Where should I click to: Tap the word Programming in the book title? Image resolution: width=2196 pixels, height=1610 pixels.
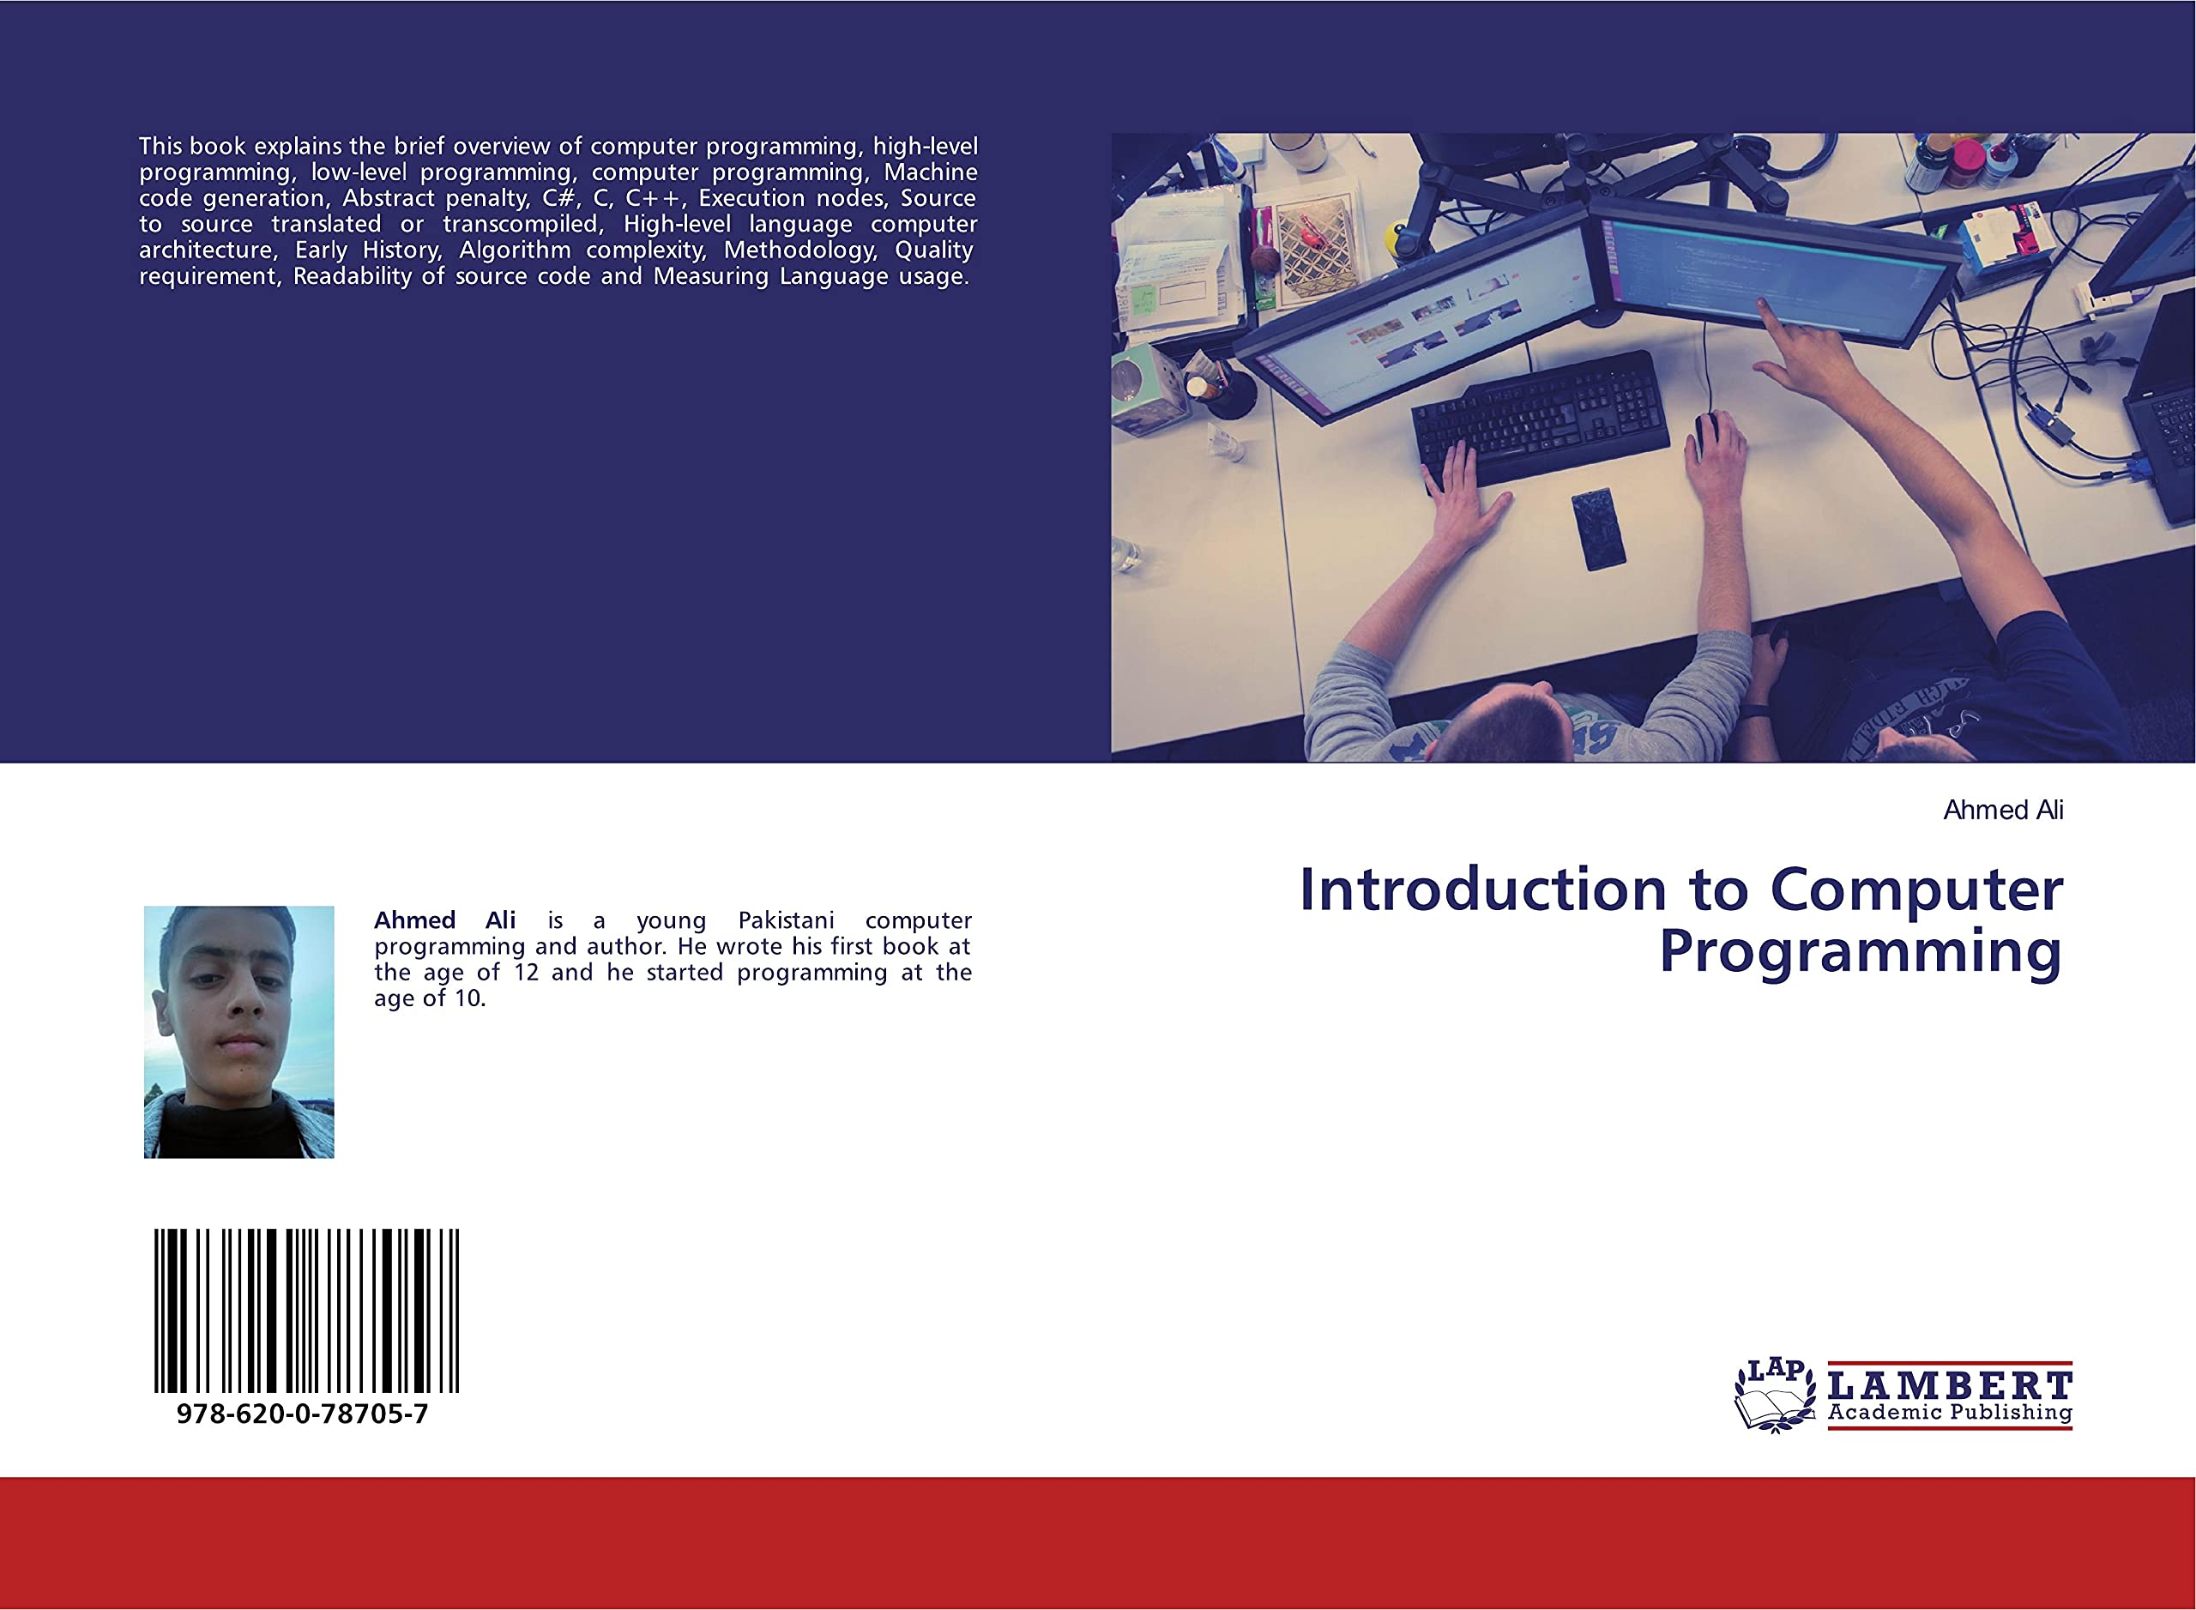click(x=1860, y=952)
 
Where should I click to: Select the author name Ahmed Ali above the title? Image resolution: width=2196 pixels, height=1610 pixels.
click(x=2002, y=811)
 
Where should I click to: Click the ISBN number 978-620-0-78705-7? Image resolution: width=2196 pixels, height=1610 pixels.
click(x=302, y=1415)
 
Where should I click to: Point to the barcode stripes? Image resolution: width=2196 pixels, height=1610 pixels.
click(x=306, y=1311)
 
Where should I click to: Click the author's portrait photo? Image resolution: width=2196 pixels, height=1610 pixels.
click(x=238, y=1032)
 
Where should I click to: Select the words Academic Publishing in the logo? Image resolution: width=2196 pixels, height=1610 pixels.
click(x=1950, y=1412)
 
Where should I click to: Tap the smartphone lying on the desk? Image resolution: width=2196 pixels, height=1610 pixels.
click(x=1597, y=529)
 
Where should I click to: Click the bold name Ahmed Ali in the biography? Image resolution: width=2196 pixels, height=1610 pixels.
click(x=444, y=921)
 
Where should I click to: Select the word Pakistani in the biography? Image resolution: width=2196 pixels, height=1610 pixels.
click(x=786, y=921)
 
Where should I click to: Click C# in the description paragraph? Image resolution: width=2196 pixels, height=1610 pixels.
click(x=560, y=199)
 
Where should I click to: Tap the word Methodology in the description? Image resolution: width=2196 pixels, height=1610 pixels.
click(x=799, y=250)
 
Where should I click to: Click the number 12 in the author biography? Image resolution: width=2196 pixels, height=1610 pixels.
click(x=525, y=973)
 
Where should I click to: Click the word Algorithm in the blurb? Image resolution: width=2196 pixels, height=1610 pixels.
click(x=514, y=250)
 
